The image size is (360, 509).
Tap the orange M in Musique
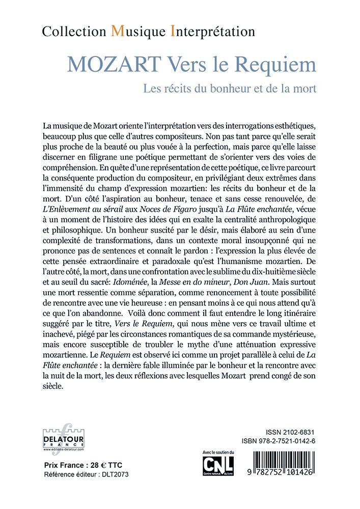click(x=117, y=32)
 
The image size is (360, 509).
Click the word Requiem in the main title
click(x=278, y=65)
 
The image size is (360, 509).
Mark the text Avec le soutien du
click(x=218, y=452)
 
